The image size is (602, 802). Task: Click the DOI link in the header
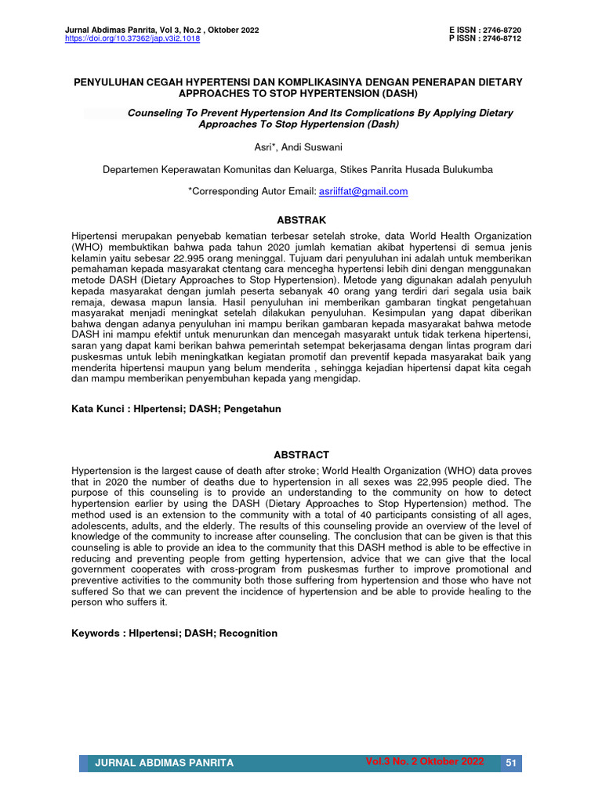coord(132,38)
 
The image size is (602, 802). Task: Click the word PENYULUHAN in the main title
coord(111,81)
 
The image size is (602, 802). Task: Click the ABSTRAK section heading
coord(301,220)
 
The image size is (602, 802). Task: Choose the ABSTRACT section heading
coord(301,454)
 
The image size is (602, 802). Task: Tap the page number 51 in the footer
coord(510,763)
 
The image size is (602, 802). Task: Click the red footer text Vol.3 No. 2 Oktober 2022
coord(424,761)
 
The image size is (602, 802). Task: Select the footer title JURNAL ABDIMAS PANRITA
coord(164,763)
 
